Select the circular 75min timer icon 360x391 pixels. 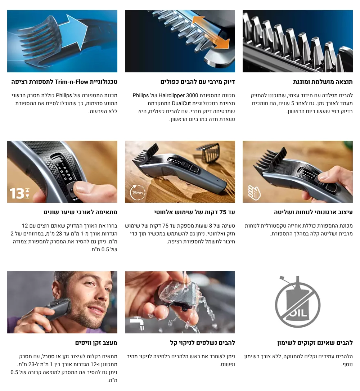point(138,193)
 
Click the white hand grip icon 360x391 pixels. point(254,193)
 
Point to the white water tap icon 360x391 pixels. point(137,323)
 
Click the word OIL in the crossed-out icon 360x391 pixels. point(298,312)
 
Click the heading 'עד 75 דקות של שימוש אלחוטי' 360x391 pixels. point(194,212)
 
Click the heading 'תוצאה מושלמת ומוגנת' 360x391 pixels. point(323,82)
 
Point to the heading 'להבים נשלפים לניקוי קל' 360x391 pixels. point(202,342)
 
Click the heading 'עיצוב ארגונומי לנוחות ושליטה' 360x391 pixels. point(313,212)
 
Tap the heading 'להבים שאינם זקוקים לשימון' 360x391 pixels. point(315,342)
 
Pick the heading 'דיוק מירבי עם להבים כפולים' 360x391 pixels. point(198,82)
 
